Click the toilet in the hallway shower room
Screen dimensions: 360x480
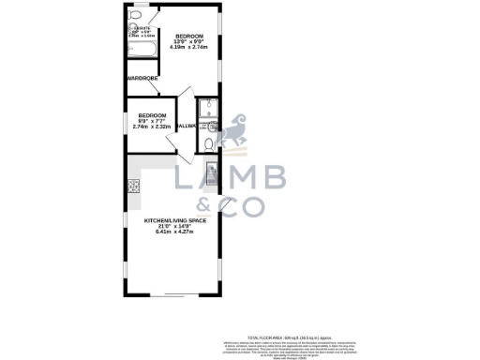[x=208, y=143]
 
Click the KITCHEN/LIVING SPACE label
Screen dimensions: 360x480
[x=174, y=220]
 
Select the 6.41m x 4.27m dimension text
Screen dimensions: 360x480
[x=174, y=232]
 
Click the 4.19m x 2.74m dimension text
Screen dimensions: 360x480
[x=190, y=47]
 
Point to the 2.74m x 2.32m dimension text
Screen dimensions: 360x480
[x=149, y=126]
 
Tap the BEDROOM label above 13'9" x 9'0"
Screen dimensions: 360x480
[x=190, y=36]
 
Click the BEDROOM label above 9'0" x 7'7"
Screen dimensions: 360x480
[x=149, y=114]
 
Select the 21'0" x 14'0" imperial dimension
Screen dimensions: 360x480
[x=174, y=226]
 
